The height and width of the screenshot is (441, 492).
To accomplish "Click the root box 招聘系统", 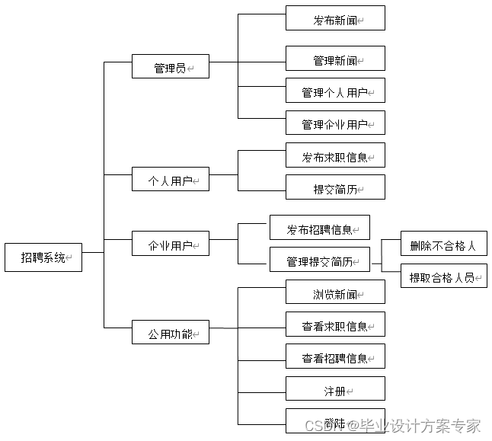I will click(43, 257).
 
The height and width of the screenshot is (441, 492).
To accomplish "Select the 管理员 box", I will click(170, 67).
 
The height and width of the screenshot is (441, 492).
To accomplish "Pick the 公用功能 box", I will click(170, 333).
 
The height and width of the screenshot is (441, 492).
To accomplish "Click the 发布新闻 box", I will click(335, 19).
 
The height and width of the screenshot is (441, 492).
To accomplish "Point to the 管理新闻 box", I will click(335, 59).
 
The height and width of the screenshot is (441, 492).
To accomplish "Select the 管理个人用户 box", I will click(335, 91).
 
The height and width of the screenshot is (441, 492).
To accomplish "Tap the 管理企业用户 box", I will click(335, 123).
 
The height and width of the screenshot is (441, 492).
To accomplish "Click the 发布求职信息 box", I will click(335, 156).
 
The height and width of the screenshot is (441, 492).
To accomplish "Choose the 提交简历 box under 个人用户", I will click(335, 188).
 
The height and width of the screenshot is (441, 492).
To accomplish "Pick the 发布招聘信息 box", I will click(320, 228).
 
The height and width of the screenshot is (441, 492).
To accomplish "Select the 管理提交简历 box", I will click(320, 260).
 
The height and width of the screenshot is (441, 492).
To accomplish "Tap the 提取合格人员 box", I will click(443, 276).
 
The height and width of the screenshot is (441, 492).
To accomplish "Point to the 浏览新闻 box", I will click(335, 293).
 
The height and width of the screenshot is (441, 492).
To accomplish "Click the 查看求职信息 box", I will click(335, 325).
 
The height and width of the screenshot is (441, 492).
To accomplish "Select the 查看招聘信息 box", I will click(335, 357).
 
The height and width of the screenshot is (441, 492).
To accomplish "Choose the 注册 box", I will click(335, 389).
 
